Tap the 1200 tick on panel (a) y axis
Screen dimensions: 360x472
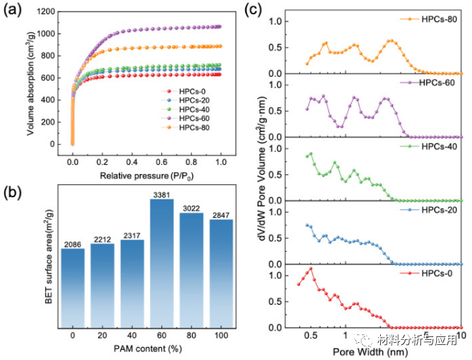pos(60,12)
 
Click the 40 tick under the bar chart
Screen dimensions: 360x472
pos(133,334)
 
